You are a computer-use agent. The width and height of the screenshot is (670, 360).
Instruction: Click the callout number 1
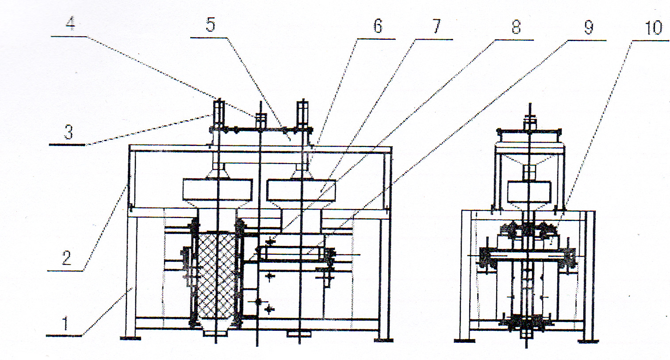coord(66,324)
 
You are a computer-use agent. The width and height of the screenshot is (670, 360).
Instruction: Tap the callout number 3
coord(68,132)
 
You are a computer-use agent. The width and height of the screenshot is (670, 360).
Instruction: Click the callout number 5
coord(211,25)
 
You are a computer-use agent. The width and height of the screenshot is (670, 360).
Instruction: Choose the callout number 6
coord(377,26)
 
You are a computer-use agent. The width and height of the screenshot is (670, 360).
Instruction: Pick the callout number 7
coord(436,27)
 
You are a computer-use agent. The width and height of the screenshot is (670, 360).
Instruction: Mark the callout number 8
coord(516,27)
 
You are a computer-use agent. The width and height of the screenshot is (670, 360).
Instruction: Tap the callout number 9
coord(589,27)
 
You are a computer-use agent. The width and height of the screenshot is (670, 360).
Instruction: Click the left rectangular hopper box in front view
coord(217,189)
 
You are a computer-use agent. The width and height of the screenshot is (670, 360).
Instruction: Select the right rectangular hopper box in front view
coord(301,189)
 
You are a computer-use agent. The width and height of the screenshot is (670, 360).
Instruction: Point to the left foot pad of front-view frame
coord(130,338)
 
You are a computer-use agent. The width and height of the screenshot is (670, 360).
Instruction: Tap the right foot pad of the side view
coord(588,341)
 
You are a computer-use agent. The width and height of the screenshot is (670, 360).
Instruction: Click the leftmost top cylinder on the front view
coord(218,112)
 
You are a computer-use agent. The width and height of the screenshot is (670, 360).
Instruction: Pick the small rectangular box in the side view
coord(528,191)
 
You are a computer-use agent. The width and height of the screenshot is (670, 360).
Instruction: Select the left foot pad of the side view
coord(465,341)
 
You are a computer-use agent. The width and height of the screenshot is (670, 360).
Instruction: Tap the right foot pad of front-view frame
coord(383,340)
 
